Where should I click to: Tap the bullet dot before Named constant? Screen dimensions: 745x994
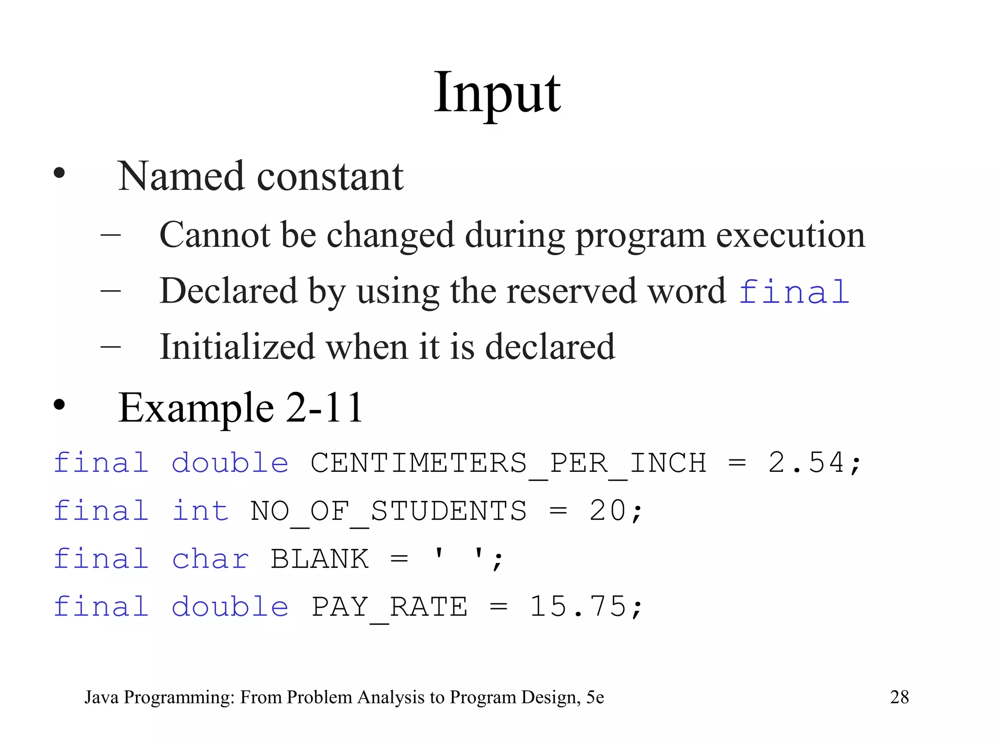59,173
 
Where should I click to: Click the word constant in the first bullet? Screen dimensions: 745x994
330,177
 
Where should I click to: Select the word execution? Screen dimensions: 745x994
791,236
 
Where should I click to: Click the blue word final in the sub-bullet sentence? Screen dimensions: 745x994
794,292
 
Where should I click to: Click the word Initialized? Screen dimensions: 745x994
237,347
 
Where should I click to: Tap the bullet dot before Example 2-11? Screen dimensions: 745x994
59,405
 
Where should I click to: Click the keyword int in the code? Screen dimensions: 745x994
200,511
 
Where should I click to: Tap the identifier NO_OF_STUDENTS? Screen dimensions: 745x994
388,512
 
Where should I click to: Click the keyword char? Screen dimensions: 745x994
210,559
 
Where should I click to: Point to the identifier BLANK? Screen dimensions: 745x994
319,559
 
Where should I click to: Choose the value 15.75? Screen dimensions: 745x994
578,607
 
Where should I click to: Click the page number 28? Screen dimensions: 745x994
899,697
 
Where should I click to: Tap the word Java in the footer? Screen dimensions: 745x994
101,697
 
